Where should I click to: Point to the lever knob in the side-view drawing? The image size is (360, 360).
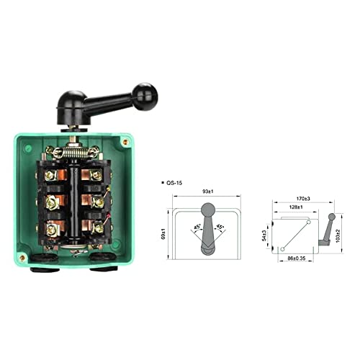click(330, 217)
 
